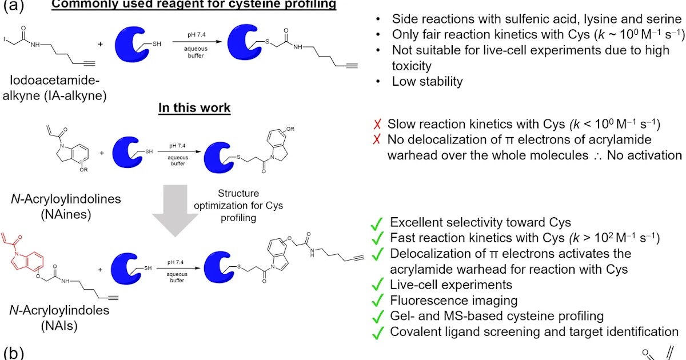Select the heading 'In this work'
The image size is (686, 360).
click(194, 108)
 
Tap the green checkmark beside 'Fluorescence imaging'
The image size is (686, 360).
click(377, 300)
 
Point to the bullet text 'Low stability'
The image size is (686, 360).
click(427, 82)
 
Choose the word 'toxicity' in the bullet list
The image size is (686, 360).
click(413, 66)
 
